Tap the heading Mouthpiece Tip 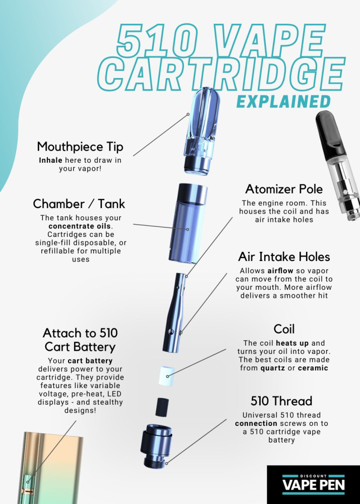pos(80,147)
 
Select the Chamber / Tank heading pos(79,204)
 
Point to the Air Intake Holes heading pos(284,257)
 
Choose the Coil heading pos(284,329)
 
